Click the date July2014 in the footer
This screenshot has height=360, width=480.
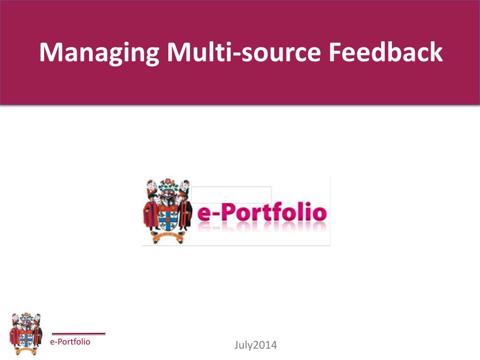255,346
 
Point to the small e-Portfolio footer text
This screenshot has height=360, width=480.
70,342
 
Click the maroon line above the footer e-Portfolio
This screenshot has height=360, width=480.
78,334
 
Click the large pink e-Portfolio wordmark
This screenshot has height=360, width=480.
261,214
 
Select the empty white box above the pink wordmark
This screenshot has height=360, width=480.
231,195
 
